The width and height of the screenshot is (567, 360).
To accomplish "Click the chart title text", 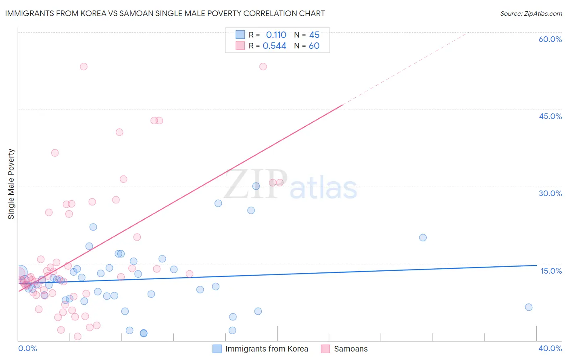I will tap(165, 13).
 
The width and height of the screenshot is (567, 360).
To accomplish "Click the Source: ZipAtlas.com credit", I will tap(531, 13).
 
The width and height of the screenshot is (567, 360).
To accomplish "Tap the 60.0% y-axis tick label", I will tap(550, 39).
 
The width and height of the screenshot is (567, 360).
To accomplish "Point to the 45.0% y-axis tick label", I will tap(550, 116).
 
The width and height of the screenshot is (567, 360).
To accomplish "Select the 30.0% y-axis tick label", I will tap(550, 193).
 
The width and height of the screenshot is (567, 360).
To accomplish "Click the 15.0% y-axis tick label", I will tap(551, 271).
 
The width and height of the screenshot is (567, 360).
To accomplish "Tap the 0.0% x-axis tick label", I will tap(27, 348).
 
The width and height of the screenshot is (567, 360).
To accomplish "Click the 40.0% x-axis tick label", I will tap(550, 348).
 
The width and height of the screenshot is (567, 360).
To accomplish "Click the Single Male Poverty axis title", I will tap(11, 184).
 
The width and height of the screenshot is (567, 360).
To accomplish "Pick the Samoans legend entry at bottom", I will tap(350, 349).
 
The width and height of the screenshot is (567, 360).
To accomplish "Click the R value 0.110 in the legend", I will tap(276, 35).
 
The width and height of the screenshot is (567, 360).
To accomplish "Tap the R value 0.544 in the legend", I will tap(274, 46).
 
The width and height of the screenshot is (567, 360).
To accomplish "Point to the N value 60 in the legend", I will tap(314, 46).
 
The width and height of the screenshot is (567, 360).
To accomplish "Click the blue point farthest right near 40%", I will tap(529, 307).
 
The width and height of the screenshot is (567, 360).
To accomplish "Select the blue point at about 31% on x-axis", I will tap(423, 238).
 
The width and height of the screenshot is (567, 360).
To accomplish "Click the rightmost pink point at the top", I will tap(263, 67).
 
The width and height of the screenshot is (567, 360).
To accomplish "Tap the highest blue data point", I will tap(256, 186).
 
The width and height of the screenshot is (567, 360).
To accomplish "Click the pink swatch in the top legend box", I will tap(240, 46).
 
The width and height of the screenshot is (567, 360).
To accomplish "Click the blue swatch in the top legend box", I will tap(240, 35).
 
